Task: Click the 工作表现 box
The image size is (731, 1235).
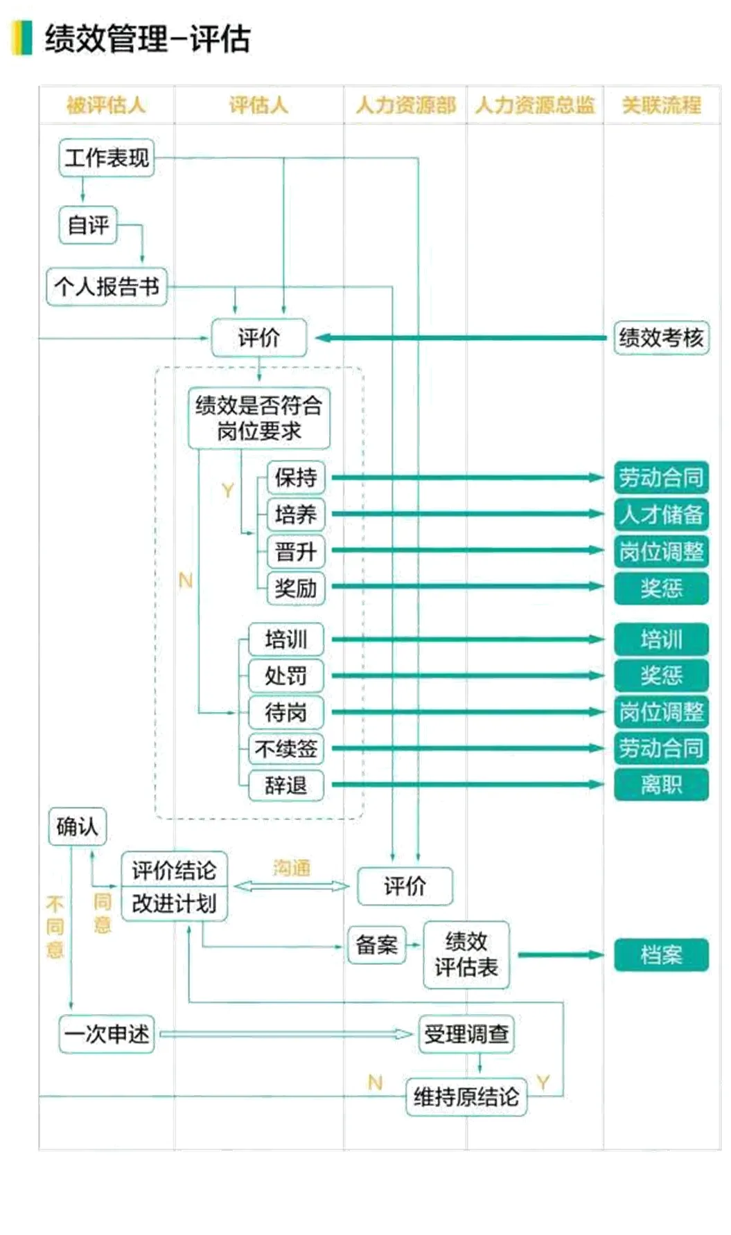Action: click(x=106, y=158)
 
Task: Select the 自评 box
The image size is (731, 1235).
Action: click(x=88, y=225)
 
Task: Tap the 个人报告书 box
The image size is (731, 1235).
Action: click(x=106, y=287)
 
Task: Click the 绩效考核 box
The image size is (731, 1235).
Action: click(x=661, y=338)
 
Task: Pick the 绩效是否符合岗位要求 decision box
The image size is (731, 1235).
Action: click(x=258, y=418)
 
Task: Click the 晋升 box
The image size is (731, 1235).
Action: click(x=295, y=551)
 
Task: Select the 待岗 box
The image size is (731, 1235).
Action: click(x=285, y=712)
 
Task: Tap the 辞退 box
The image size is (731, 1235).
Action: click(x=285, y=785)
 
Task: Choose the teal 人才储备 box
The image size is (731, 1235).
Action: click(x=661, y=514)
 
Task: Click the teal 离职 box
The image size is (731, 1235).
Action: click(x=661, y=785)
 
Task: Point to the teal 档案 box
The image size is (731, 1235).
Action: click(x=661, y=955)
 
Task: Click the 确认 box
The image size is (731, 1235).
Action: click(x=77, y=826)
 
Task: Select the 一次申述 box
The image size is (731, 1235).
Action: click(x=106, y=1034)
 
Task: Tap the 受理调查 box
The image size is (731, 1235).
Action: click(x=466, y=1034)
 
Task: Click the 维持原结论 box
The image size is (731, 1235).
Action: click(x=466, y=1096)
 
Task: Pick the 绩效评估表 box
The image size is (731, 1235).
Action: click(x=466, y=954)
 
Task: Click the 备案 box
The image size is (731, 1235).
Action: click(x=376, y=945)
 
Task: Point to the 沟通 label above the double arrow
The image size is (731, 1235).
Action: click(x=292, y=868)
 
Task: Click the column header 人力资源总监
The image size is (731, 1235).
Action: click(x=535, y=105)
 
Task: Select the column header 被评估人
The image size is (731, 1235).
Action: click(x=106, y=105)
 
